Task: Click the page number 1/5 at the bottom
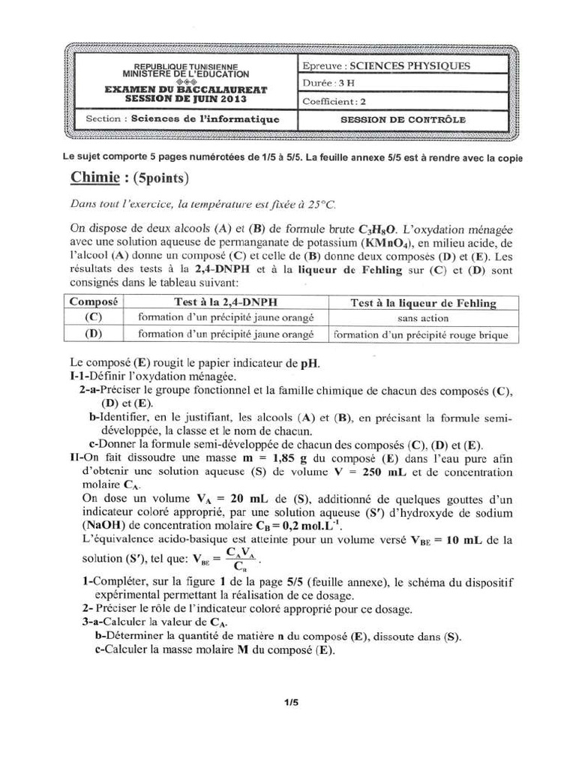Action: [x=291, y=703]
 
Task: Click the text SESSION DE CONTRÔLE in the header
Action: [x=403, y=119]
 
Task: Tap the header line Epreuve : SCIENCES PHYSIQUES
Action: [x=386, y=66]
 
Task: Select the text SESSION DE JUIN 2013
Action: [x=186, y=98]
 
